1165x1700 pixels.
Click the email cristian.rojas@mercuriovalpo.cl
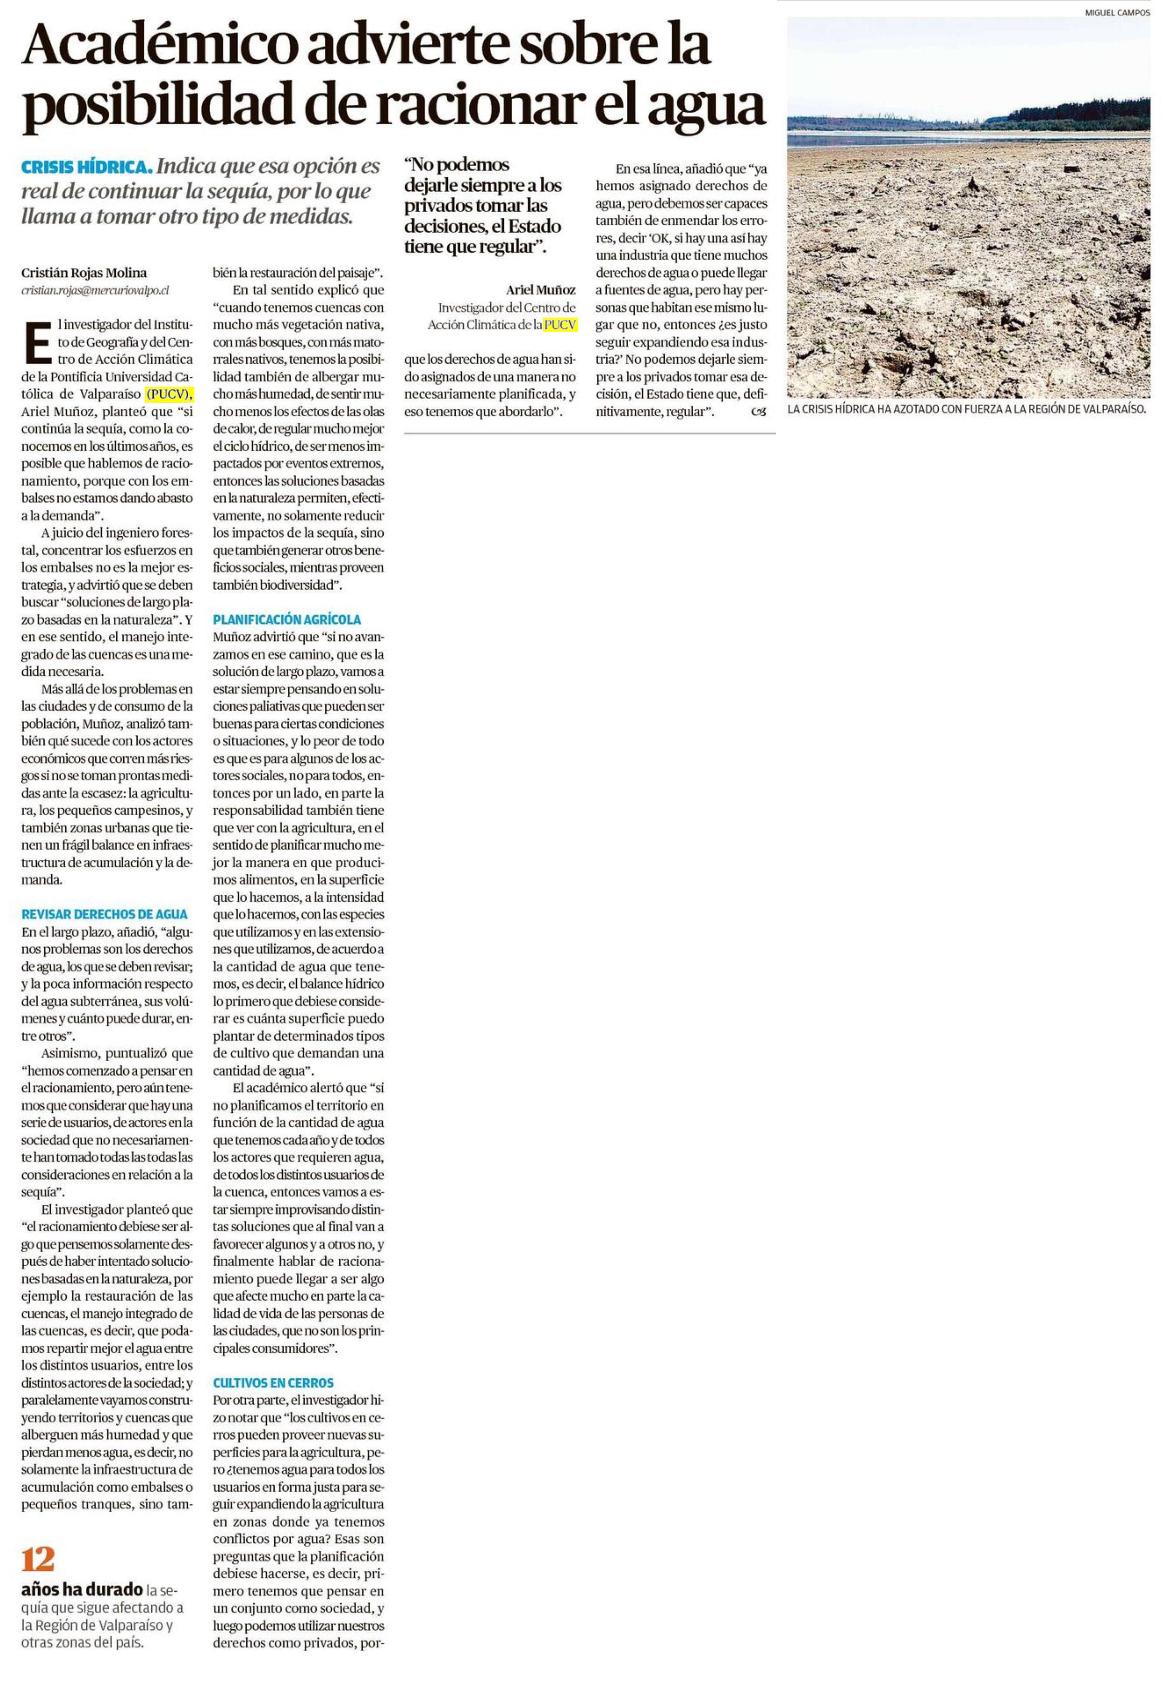[x=95, y=291]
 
